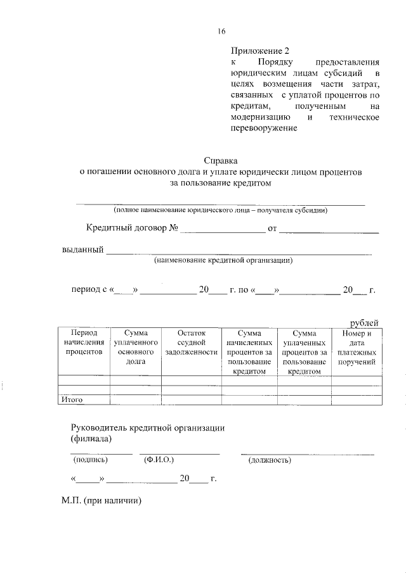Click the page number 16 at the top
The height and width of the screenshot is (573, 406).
point(221,31)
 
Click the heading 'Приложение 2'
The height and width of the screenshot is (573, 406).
point(260,51)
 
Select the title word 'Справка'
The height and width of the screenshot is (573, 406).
point(221,161)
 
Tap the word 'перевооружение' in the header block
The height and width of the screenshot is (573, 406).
point(264,129)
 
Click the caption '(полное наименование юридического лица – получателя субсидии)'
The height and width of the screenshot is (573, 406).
point(221,210)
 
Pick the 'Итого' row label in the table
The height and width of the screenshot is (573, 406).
point(72,400)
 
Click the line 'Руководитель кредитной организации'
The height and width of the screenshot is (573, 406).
point(147,427)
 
